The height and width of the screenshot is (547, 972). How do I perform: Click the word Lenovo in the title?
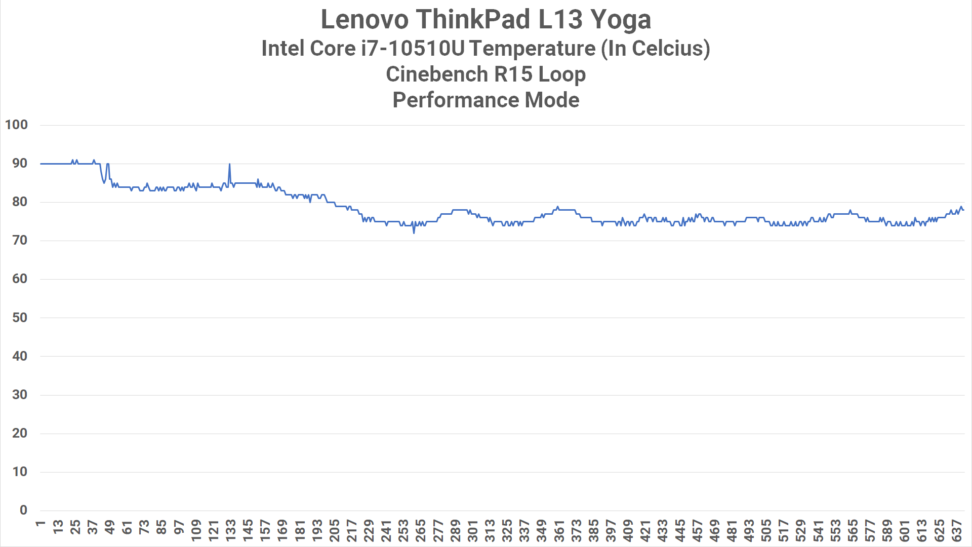click(364, 19)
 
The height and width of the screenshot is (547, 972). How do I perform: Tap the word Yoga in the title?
click(621, 20)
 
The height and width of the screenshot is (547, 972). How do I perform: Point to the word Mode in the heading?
click(552, 100)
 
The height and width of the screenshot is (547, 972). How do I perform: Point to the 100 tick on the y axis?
click(16, 125)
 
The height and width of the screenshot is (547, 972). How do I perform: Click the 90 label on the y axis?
click(20, 163)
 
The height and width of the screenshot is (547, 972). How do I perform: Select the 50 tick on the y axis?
click(20, 318)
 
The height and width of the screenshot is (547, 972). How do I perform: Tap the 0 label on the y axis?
click(23, 510)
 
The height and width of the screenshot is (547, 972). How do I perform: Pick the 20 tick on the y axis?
click(20, 433)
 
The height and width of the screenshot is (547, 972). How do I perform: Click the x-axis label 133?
click(230, 530)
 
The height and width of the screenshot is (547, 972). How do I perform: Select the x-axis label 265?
click(421, 530)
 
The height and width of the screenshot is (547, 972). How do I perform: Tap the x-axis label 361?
click(559, 530)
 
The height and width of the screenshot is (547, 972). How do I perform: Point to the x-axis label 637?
click(956, 530)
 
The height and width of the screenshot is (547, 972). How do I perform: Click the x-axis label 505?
click(766, 530)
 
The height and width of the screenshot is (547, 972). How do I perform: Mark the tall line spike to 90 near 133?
click(229, 164)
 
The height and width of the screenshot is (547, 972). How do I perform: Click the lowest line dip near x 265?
click(414, 232)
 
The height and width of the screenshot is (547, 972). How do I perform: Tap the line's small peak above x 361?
click(557, 207)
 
